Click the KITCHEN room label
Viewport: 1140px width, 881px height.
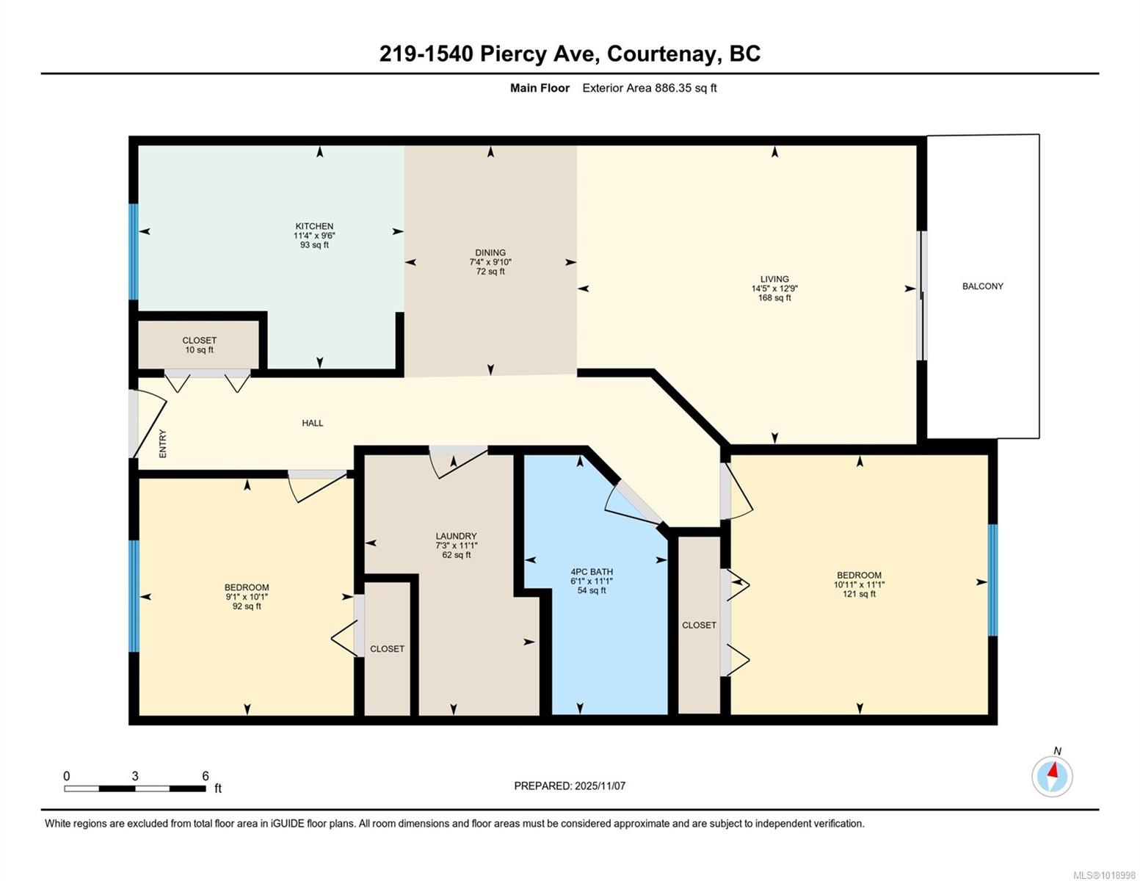(x=314, y=226)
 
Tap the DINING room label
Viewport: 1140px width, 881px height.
(x=490, y=253)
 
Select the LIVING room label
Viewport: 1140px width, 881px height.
(x=774, y=279)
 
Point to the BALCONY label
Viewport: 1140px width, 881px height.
(x=983, y=286)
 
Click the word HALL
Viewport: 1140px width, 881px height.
(x=313, y=423)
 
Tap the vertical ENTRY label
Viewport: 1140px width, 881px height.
(x=163, y=444)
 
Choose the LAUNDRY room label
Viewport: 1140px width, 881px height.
(x=456, y=536)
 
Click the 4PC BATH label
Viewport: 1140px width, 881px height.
(x=592, y=572)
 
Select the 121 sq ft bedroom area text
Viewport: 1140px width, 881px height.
(x=860, y=594)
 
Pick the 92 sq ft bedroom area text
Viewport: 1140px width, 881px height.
(x=247, y=606)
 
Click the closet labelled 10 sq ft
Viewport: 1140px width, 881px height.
(x=200, y=345)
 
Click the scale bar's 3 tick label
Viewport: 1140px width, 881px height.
(x=135, y=776)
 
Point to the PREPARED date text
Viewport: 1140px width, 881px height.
(x=570, y=786)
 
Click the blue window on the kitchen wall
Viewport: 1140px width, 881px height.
(x=134, y=252)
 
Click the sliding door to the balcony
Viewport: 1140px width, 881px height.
(x=922, y=296)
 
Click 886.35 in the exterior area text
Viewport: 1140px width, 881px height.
(x=674, y=88)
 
